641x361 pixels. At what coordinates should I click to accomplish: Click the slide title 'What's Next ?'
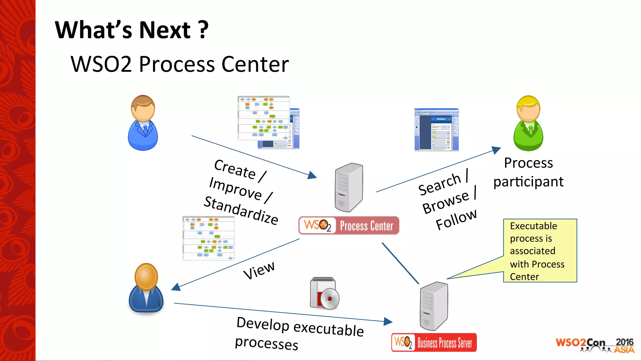(x=131, y=30)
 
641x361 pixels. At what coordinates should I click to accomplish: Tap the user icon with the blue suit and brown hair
(x=143, y=123)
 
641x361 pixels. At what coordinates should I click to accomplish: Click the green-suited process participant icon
(x=528, y=123)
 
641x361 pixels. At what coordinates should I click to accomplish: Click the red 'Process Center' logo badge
(x=349, y=226)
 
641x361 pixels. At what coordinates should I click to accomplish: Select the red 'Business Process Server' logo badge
(x=434, y=343)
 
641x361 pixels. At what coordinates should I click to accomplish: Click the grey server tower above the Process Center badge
(x=349, y=187)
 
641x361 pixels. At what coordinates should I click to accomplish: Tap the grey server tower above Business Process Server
(x=434, y=306)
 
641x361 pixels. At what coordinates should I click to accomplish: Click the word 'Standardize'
(x=241, y=210)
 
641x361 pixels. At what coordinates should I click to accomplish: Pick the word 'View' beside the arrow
(x=259, y=270)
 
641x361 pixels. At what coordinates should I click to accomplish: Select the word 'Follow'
(x=456, y=219)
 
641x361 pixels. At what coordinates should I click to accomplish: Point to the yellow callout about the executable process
(x=540, y=251)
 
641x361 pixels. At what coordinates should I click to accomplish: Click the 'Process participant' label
(x=528, y=172)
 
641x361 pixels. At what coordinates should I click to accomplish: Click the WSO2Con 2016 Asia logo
(x=595, y=345)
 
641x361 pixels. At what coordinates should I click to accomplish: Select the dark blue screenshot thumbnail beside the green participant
(x=436, y=130)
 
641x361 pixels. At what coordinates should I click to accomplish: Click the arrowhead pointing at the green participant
(x=496, y=150)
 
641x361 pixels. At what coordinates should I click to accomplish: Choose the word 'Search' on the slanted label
(x=439, y=185)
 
